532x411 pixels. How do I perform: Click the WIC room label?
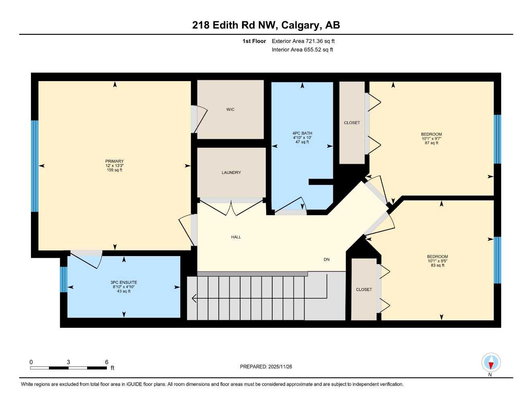click(x=230, y=110)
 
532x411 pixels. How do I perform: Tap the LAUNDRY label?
click(x=231, y=173)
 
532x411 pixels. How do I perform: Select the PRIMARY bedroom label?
click(x=114, y=161)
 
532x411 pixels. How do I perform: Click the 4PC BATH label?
click(x=302, y=133)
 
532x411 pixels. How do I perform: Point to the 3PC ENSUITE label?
click(x=124, y=283)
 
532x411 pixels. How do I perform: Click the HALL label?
click(x=236, y=237)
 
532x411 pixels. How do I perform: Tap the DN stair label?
click(x=326, y=260)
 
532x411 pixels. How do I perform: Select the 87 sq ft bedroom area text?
click(x=432, y=143)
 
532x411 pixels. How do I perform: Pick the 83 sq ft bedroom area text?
click(x=437, y=265)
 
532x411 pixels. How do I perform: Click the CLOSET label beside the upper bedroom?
click(x=352, y=123)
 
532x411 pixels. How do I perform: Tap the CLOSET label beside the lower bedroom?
click(x=364, y=289)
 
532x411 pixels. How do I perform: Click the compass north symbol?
click(x=491, y=363)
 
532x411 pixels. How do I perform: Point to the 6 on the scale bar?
click(x=107, y=362)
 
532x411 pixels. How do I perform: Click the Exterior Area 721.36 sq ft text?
click(x=303, y=41)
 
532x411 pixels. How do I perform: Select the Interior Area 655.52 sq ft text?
click(x=302, y=50)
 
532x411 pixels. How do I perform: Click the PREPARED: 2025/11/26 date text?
click(x=266, y=366)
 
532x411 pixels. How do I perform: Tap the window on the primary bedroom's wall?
click(x=35, y=166)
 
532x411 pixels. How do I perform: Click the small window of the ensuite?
click(x=63, y=279)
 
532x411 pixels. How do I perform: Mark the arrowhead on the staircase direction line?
click(x=194, y=298)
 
